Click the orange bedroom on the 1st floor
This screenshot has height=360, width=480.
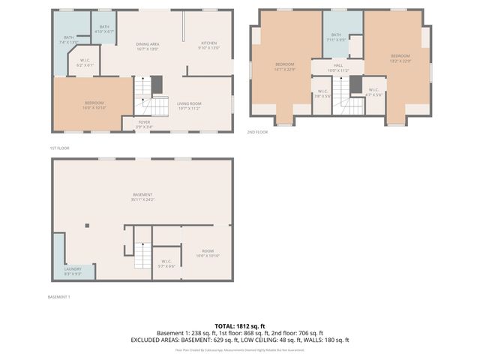(94, 105)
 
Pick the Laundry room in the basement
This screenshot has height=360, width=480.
(73, 271)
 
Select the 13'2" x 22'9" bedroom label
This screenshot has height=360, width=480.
(400, 58)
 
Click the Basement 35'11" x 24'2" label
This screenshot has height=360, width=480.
(142, 196)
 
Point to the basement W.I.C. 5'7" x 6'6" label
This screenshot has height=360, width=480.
(166, 264)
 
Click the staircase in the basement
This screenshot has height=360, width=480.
(142, 255)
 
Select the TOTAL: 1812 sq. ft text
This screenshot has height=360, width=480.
(240, 325)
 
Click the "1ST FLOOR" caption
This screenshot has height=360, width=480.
(59, 148)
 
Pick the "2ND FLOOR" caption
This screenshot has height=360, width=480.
(257, 132)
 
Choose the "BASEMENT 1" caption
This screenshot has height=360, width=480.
(58, 297)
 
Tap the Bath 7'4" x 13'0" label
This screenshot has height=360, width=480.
(69, 40)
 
